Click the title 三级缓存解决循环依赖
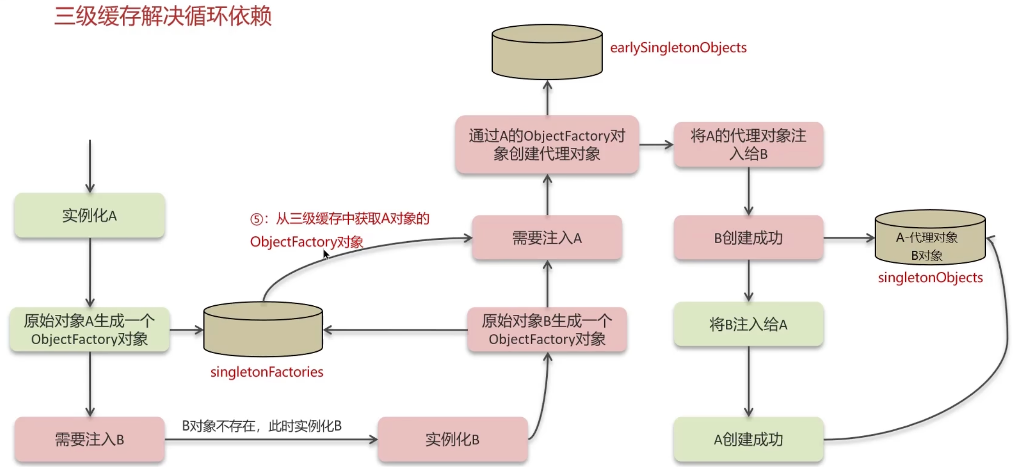click(162, 16)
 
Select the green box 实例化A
click(89, 215)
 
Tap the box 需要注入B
click(89, 439)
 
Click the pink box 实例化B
click(452, 439)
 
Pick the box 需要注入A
click(547, 238)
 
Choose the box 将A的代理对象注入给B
click(748, 145)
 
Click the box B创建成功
click(748, 238)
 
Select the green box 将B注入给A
click(748, 324)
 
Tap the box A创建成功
click(748, 439)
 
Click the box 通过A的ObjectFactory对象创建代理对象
click(547, 145)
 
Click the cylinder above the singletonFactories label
click(263, 330)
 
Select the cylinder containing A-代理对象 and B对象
click(930, 238)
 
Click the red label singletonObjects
click(930, 278)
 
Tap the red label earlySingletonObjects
click(678, 47)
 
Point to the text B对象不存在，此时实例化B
click(261, 425)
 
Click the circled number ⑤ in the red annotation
click(257, 219)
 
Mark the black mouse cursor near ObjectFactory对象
click(326, 254)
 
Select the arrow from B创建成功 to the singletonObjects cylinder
click(849, 238)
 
